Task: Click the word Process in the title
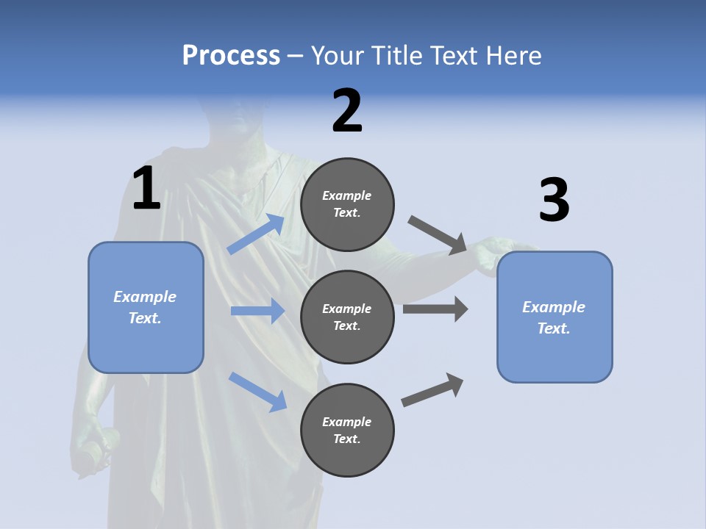(x=231, y=55)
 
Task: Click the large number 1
(x=146, y=189)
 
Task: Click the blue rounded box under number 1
(x=146, y=307)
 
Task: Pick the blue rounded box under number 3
(x=555, y=317)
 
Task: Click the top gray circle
(x=347, y=204)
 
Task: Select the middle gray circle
(x=347, y=317)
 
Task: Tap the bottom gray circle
(x=347, y=430)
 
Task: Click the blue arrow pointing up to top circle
(x=256, y=234)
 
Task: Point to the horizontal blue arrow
(x=257, y=311)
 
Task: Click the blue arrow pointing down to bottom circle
(x=257, y=391)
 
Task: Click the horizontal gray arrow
(x=435, y=309)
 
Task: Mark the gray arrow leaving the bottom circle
(x=432, y=390)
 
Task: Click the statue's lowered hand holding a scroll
(x=94, y=445)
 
